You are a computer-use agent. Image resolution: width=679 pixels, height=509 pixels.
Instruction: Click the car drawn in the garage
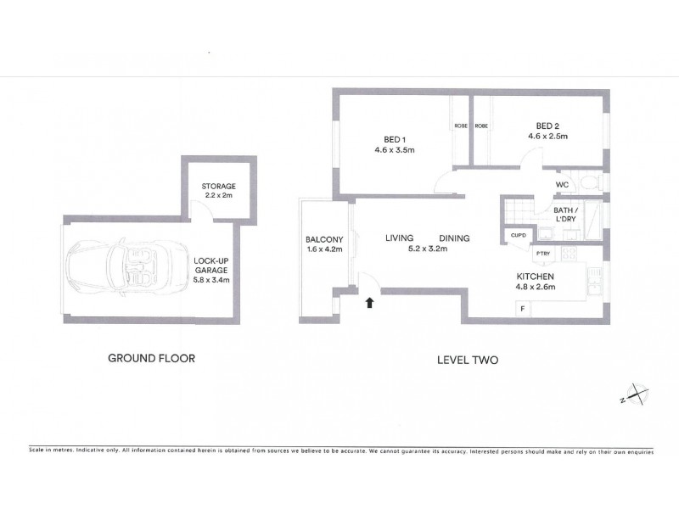(x=126, y=267)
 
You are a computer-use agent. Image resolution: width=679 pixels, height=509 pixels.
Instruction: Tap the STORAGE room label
(x=219, y=187)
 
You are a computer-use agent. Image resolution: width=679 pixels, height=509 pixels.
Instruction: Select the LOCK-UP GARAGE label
(x=211, y=266)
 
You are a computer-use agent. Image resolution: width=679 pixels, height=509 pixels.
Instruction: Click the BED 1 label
(x=395, y=140)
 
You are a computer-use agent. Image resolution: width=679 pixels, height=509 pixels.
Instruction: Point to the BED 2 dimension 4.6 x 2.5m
(x=547, y=137)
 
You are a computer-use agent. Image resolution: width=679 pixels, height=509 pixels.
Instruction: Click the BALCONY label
(x=324, y=239)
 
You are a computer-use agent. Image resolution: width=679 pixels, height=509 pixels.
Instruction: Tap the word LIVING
(x=399, y=238)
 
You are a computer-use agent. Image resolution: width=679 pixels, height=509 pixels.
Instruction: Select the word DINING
(x=454, y=238)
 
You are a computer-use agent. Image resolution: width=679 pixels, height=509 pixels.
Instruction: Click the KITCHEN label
(x=536, y=277)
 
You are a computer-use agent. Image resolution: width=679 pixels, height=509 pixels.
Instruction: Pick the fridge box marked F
(x=523, y=309)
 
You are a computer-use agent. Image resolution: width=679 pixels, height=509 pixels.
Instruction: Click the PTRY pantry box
(x=543, y=254)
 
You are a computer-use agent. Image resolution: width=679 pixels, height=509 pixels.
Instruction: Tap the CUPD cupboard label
(x=519, y=236)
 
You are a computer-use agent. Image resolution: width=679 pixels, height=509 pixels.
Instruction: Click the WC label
(x=562, y=185)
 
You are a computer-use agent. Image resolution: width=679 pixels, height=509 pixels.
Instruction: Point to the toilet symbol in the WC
(x=590, y=182)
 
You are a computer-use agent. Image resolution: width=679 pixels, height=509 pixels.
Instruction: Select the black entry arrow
(x=369, y=303)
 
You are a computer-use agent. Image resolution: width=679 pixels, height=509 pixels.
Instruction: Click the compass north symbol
(x=635, y=394)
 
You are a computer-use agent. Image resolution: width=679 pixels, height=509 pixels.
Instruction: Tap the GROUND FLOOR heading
(x=152, y=358)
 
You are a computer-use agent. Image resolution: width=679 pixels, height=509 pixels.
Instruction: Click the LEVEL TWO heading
(x=468, y=360)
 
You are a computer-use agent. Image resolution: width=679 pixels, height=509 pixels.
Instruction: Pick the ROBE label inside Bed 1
(x=461, y=126)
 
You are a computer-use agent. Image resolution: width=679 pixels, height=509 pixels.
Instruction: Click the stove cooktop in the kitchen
(x=569, y=253)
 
